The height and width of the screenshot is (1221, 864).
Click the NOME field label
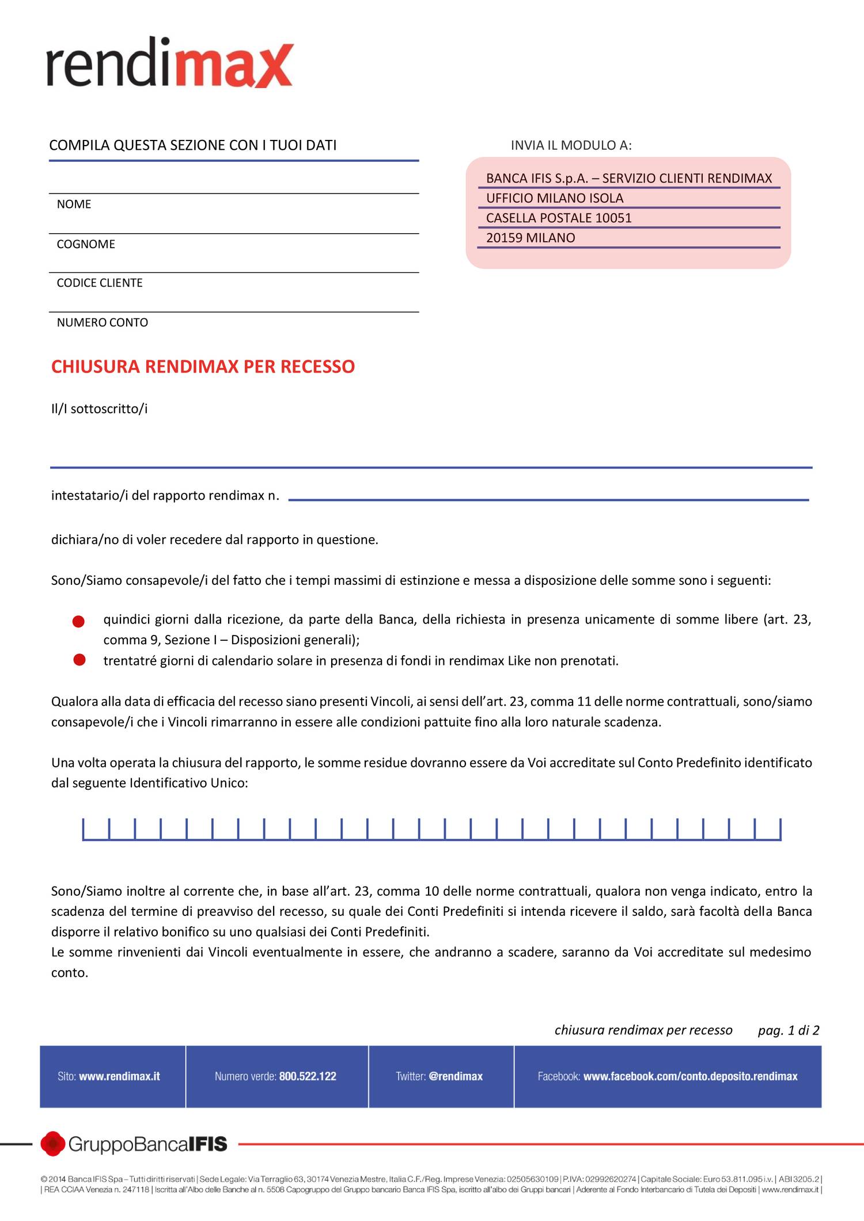(x=74, y=204)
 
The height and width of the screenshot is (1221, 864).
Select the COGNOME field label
(x=86, y=244)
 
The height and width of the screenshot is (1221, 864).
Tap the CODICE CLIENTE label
(x=100, y=283)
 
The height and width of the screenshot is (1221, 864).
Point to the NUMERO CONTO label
(x=102, y=322)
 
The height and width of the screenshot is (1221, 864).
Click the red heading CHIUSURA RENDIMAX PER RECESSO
(x=203, y=367)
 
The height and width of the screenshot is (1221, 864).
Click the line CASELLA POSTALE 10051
(x=559, y=218)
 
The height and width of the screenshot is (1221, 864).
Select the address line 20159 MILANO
(x=530, y=238)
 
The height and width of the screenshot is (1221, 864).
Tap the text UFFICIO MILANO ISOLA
(x=555, y=198)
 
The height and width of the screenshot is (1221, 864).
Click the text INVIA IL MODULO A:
(x=571, y=145)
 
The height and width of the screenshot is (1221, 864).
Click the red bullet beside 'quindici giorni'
(x=79, y=622)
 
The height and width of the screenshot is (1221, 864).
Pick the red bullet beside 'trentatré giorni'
(x=79, y=660)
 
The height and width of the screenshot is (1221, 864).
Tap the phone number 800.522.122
(x=308, y=1077)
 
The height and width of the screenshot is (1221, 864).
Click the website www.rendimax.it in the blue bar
(x=119, y=1077)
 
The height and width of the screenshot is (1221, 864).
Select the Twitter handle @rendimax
(x=456, y=1077)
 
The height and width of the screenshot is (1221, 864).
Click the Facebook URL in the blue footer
(x=690, y=1077)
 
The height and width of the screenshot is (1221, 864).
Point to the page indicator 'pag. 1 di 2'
(x=789, y=1030)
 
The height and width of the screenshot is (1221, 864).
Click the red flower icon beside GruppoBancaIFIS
(x=52, y=1144)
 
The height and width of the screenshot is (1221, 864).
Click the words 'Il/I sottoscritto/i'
(x=99, y=409)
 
